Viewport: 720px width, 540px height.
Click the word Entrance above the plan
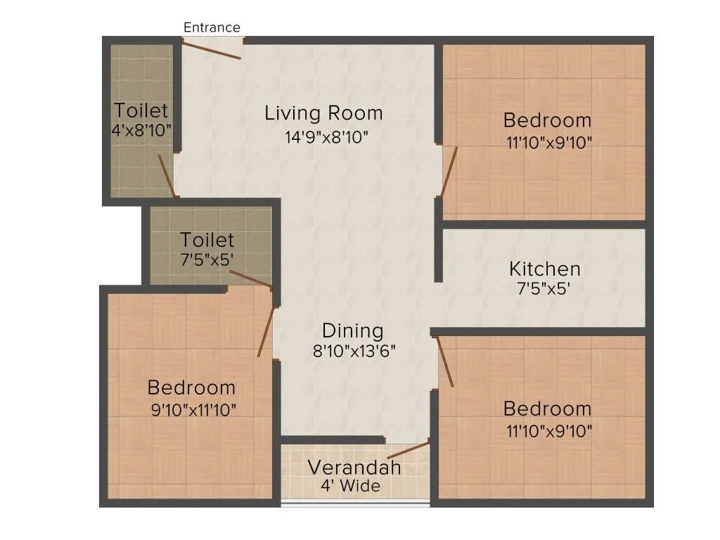(x=212, y=27)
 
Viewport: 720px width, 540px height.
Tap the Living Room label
(x=323, y=113)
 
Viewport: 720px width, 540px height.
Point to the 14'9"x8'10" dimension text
(x=327, y=137)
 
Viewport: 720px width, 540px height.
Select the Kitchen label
(x=545, y=269)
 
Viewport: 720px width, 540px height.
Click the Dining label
(x=353, y=330)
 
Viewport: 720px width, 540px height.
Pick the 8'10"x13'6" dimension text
(x=354, y=351)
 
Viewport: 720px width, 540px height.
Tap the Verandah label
(x=354, y=468)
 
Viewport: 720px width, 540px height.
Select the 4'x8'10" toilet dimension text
(x=141, y=130)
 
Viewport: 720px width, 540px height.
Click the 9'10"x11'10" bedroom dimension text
(x=193, y=409)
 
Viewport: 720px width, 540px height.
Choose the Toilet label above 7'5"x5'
(x=207, y=240)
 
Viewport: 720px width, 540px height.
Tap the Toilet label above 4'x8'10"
(x=141, y=110)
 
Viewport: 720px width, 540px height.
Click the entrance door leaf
(x=212, y=50)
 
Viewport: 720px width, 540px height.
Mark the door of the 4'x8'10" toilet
(x=167, y=176)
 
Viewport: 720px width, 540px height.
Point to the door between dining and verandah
(x=408, y=449)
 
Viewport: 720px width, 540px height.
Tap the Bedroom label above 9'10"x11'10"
(x=191, y=387)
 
